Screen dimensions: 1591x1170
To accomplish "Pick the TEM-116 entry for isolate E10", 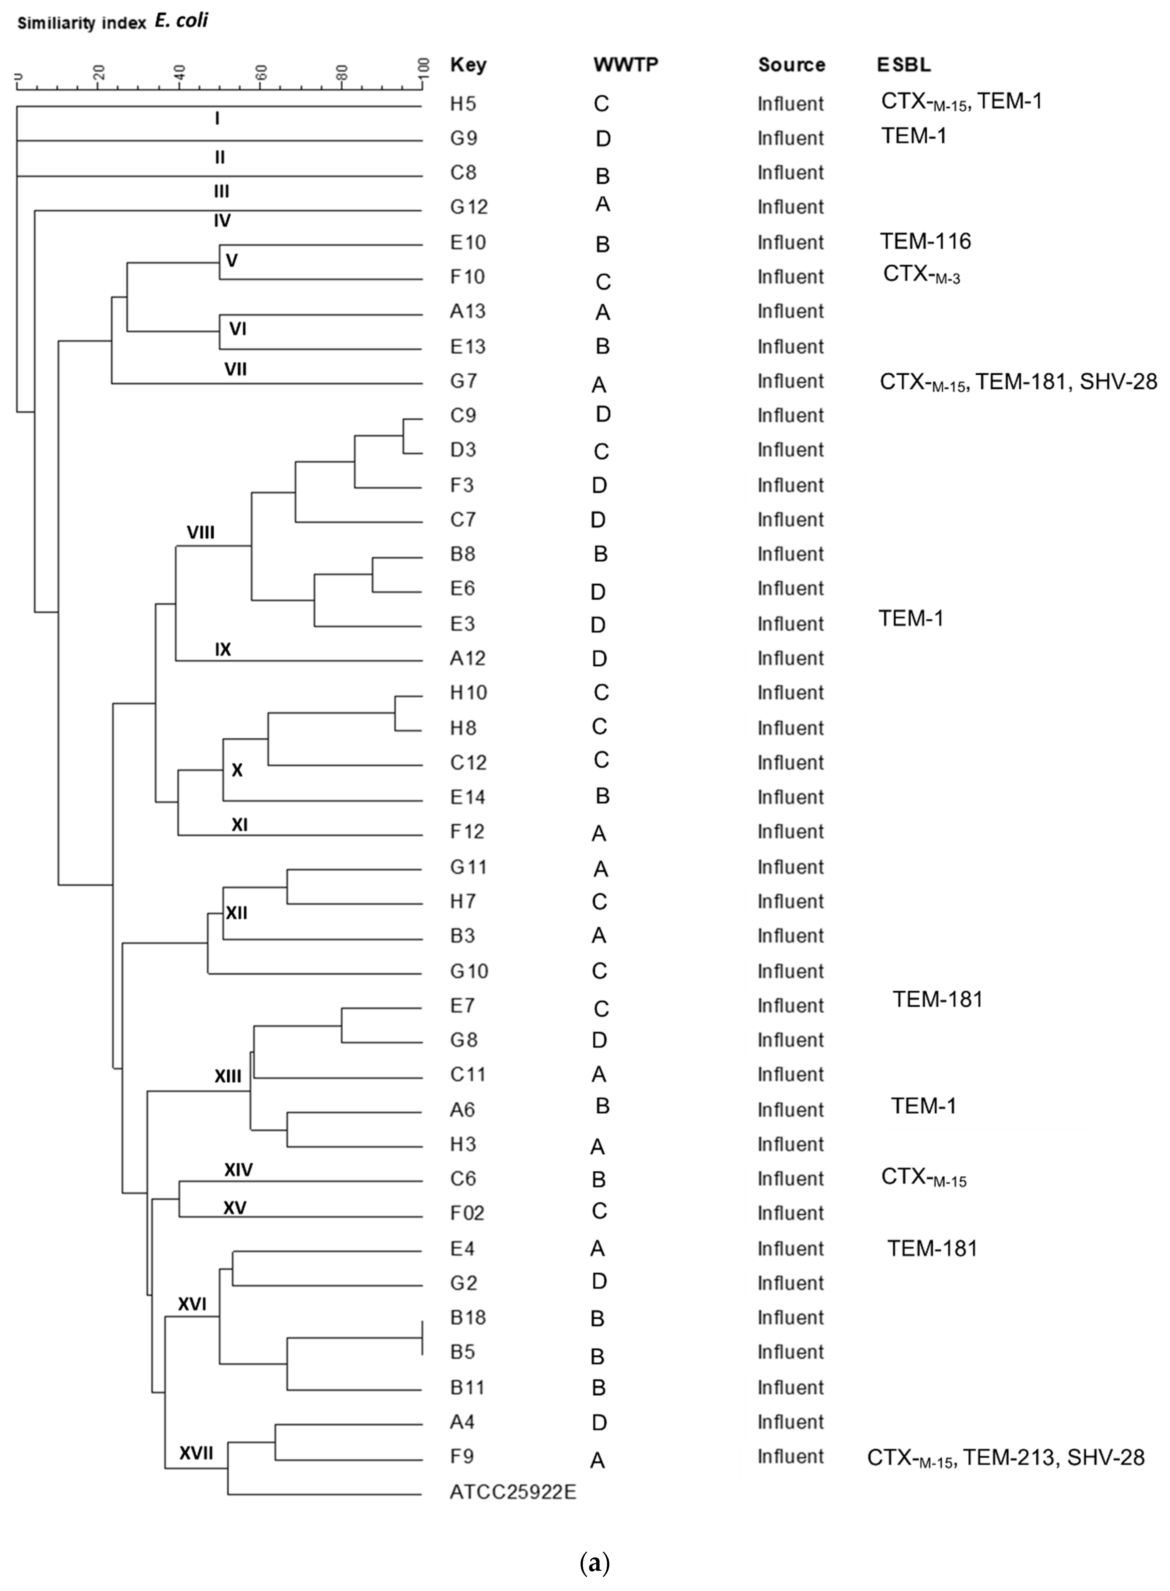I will [x=925, y=241].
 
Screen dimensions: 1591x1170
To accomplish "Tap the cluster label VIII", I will [x=200, y=533].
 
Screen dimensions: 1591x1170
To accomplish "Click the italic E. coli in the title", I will [x=181, y=21].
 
